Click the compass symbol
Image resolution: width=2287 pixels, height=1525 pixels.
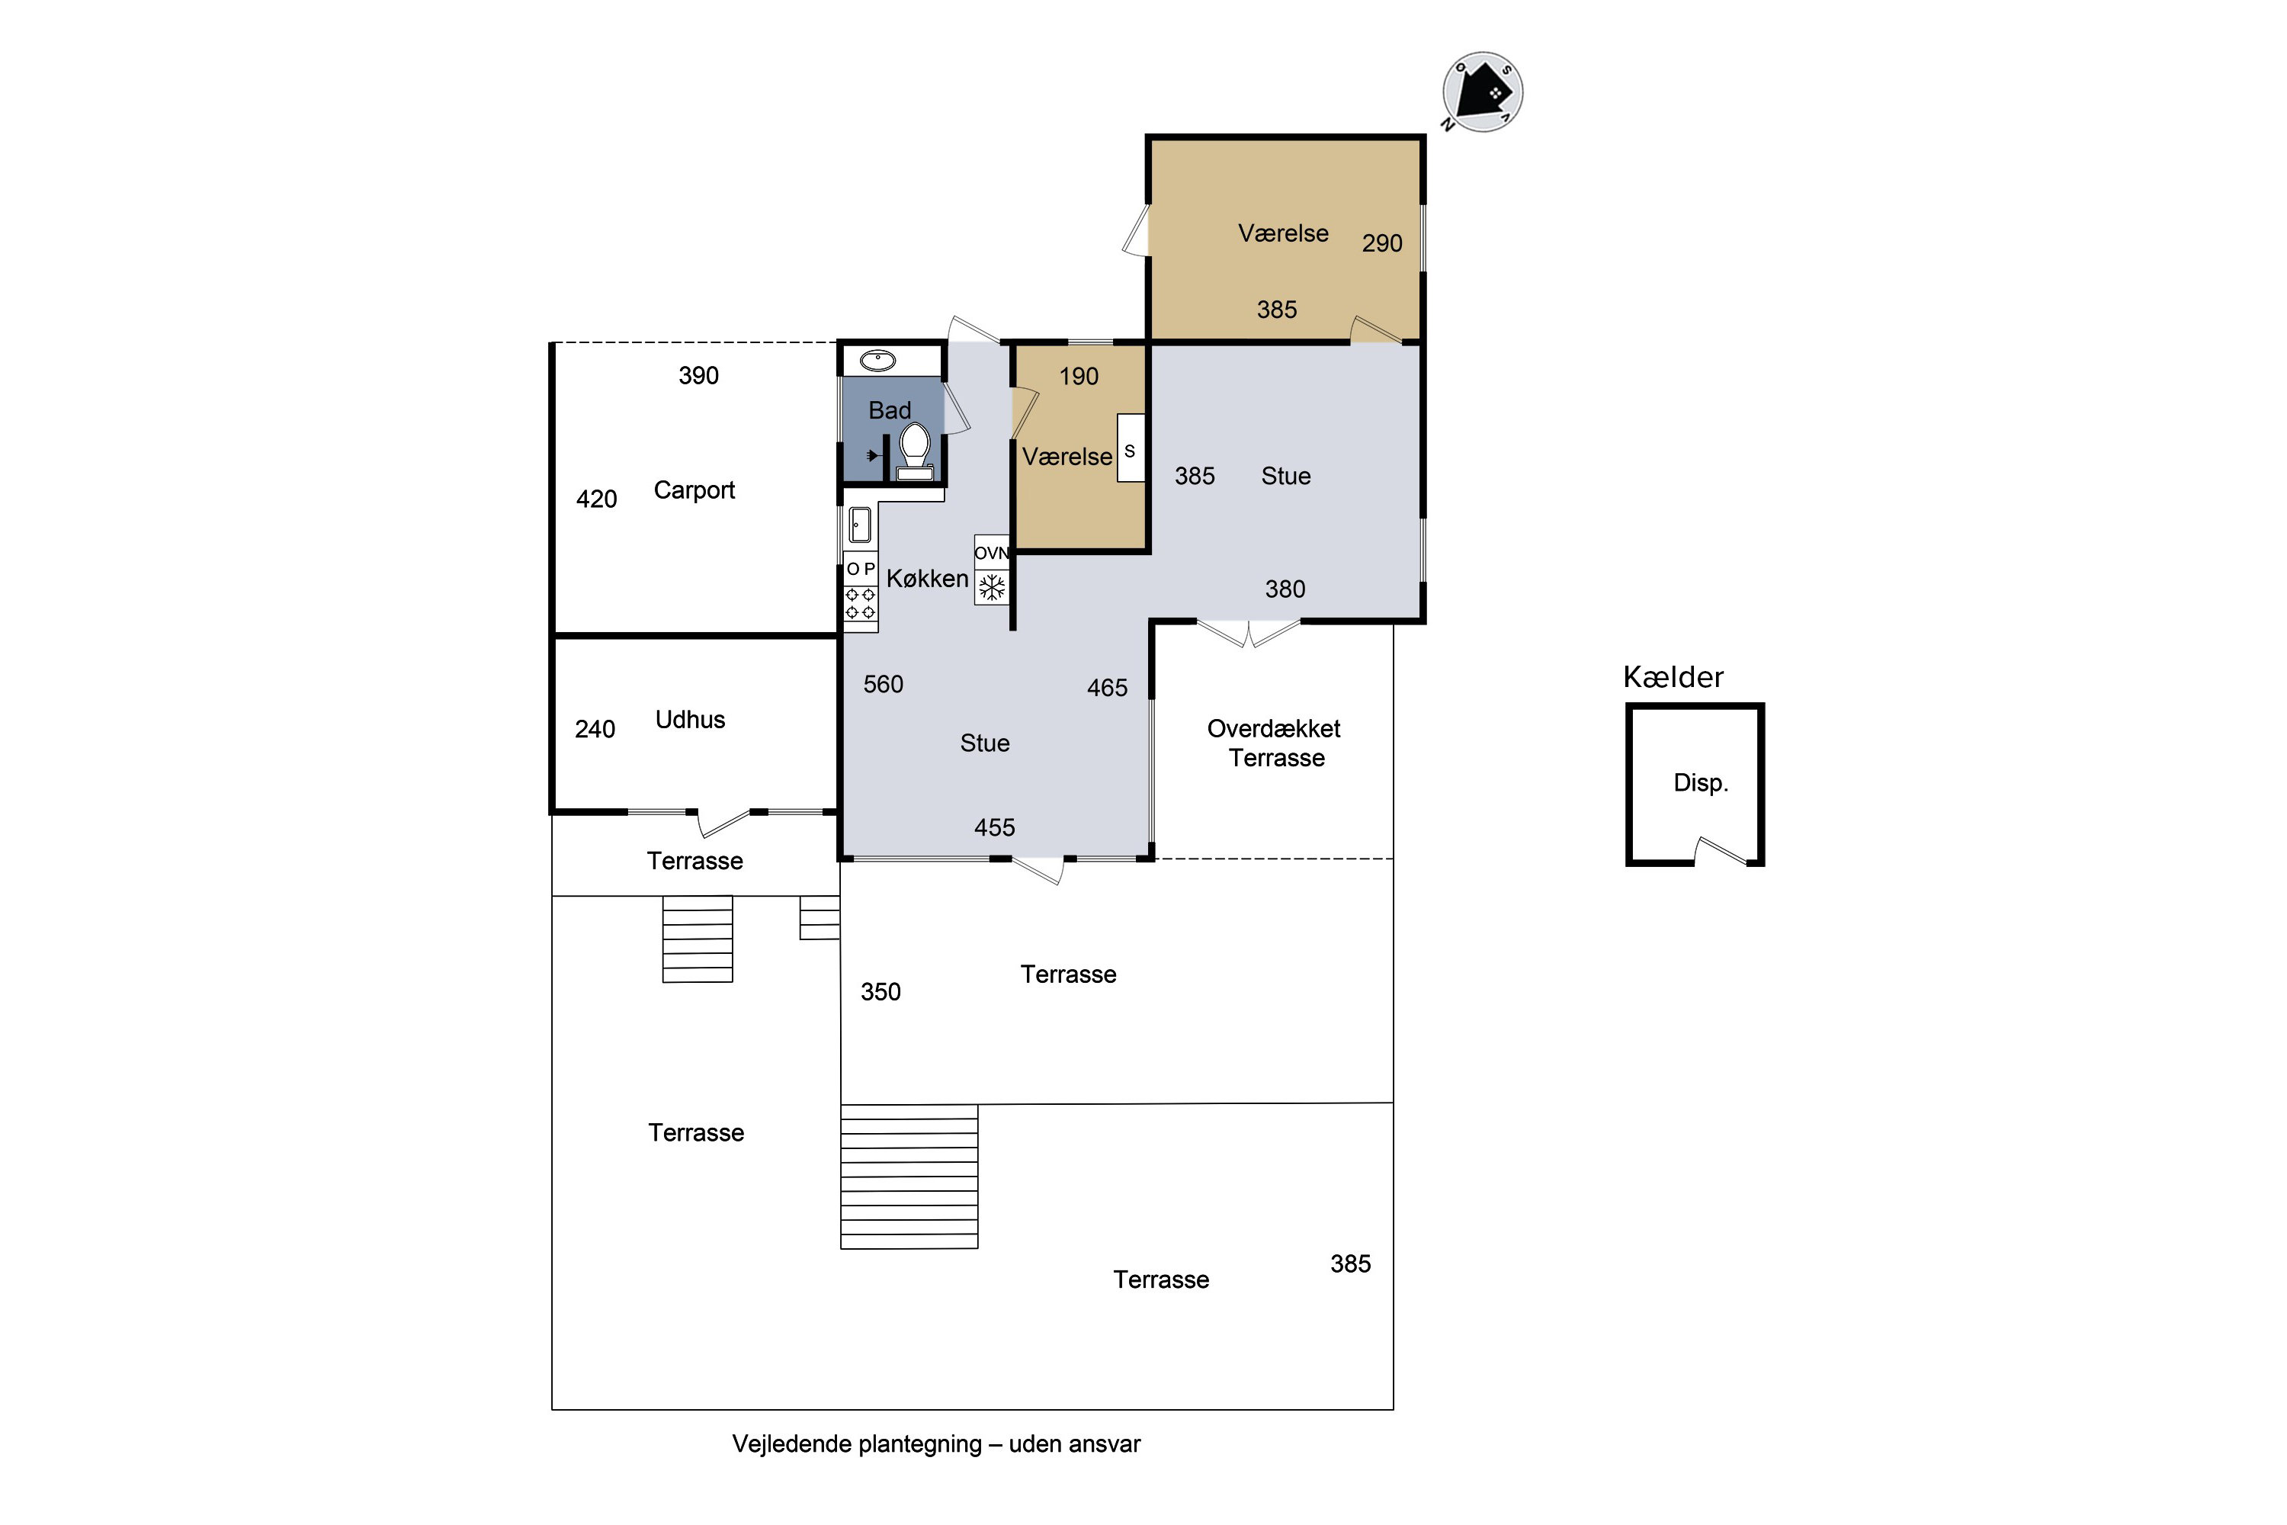pyautogui.click(x=1482, y=92)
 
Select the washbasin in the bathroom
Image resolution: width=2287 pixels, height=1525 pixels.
pyautogui.click(x=878, y=361)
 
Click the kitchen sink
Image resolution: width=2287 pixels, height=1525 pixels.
pyautogui.click(x=860, y=526)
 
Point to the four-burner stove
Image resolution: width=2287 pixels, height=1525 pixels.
pyautogui.click(x=860, y=603)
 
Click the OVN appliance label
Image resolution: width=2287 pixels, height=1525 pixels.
pyautogui.click(x=991, y=552)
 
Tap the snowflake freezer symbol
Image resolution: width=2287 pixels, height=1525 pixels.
pyautogui.click(x=992, y=587)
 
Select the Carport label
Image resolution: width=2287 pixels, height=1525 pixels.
pyautogui.click(x=694, y=490)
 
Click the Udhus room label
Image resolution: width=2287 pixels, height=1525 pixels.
pyautogui.click(x=691, y=720)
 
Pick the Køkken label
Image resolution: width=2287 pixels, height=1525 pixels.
pyautogui.click(x=928, y=579)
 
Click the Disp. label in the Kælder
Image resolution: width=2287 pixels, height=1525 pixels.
pyautogui.click(x=1701, y=783)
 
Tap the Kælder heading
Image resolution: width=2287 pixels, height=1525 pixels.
pyautogui.click(x=1673, y=677)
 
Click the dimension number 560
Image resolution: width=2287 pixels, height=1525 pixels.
pyautogui.click(x=883, y=685)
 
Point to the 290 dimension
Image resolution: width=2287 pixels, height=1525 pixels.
pyautogui.click(x=1381, y=243)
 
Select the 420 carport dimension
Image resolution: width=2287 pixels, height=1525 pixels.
pyautogui.click(x=596, y=499)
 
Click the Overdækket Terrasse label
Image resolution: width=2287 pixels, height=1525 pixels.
pyautogui.click(x=1275, y=743)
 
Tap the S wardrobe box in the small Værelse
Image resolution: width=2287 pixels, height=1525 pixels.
pyautogui.click(x=1131, y=448)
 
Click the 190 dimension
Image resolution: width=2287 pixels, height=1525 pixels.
pyautogui.click(x=1079, y=377)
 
